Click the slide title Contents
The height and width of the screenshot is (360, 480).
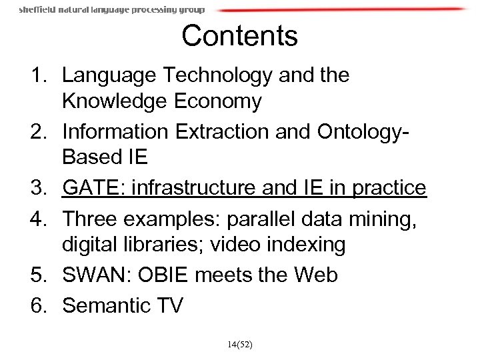click(x=239, y=36)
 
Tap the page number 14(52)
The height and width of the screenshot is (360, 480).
click(x=239, y=344)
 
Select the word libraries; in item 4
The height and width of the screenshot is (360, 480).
click(x=163, y=246)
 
